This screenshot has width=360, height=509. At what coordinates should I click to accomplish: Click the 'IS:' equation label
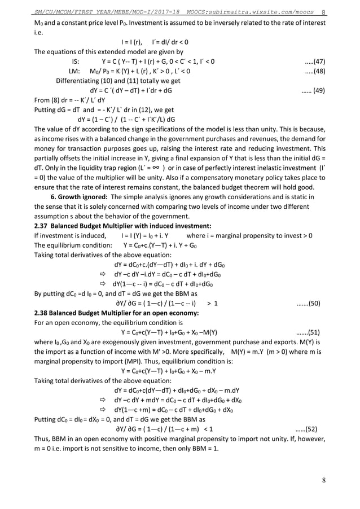click(x=76, y=61)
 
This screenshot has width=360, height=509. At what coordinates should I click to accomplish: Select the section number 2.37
click(x=42, y=226)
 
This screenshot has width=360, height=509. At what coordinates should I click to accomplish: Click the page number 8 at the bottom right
click(x=323, y=481)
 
